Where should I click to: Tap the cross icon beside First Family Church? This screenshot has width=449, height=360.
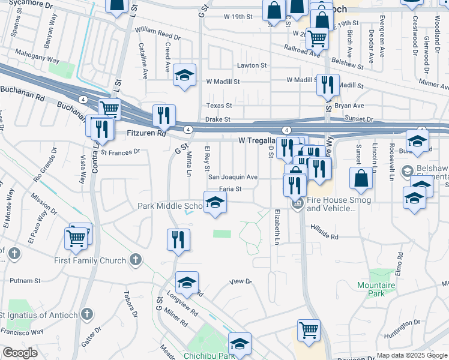136,260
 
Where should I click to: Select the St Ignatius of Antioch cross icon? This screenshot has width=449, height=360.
87,314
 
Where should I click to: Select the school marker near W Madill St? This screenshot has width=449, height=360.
185,75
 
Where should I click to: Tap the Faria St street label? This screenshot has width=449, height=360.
230,189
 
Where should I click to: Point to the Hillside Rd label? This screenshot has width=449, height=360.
325,232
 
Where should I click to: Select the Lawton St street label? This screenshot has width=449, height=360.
252,65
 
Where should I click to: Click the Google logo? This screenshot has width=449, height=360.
20,353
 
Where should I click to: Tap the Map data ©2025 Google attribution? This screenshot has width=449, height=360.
411,355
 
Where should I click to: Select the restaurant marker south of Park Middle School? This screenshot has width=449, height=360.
178,239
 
